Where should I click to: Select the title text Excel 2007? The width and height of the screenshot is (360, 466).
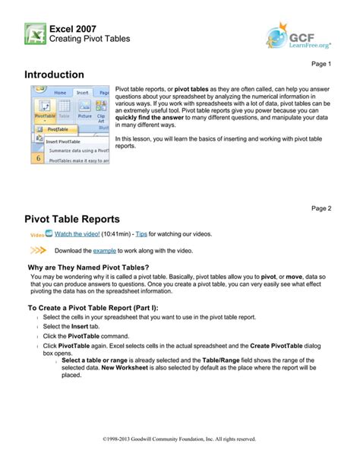pos(72,28)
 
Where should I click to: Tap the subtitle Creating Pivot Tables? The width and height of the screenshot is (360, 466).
pos(90,39)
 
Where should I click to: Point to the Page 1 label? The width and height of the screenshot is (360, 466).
pos(323,64)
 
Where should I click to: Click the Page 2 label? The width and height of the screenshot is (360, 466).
pos(323,208)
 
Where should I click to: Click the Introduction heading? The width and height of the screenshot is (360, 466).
pos(54,75)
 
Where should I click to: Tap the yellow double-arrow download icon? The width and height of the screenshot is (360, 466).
pos(39,249)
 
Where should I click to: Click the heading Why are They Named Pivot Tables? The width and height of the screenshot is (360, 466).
pos(88,267)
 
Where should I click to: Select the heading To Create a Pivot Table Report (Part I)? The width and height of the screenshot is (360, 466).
pos(105,309)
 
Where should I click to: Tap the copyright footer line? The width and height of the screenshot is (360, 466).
pos(179,438)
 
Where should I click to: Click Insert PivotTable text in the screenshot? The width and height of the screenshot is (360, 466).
pos(62,140)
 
